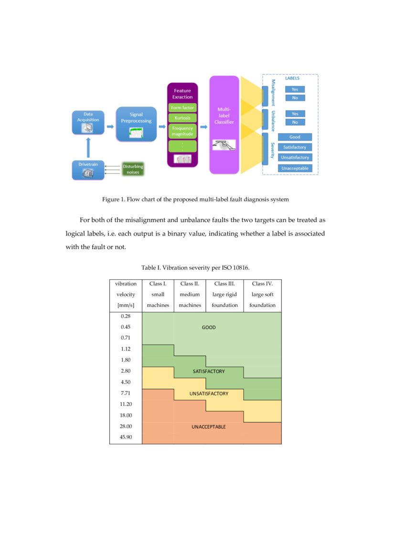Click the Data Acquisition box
click(88, 122)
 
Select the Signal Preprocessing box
click(136, 124)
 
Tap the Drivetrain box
click(88, 170)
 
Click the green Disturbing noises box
click(133, 169)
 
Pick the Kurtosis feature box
click(182, 118)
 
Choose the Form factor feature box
click(182, 108)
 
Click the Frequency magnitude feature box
click(182, 131)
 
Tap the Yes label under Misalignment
click(295, 89)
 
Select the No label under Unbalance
click(295, 122)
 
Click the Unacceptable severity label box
click(295, 168)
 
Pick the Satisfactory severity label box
click(295, 147)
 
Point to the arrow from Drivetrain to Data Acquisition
click(87, 148)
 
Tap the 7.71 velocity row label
click(126, 393)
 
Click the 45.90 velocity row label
click(126, 437)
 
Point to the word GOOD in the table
click(209, 328)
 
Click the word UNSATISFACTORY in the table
click(209, 394)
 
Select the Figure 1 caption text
click(195, 199)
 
